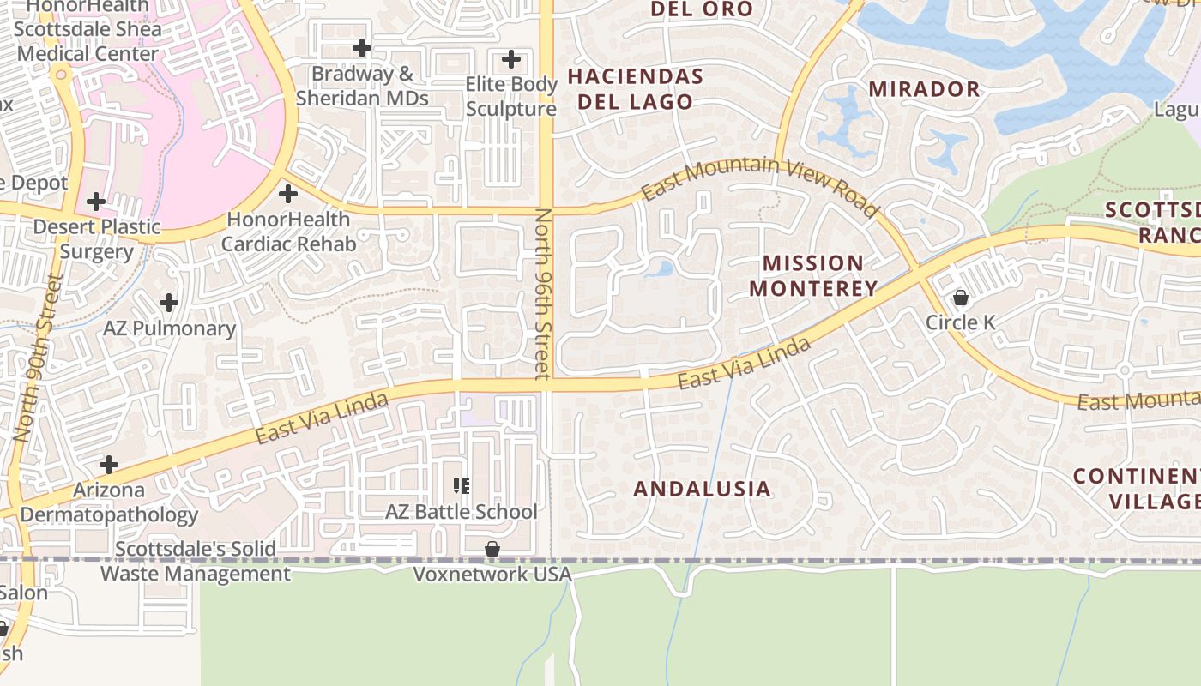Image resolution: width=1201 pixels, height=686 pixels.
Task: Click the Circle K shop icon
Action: click(961, 298)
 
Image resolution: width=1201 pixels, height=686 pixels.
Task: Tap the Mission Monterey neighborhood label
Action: click(813, 275)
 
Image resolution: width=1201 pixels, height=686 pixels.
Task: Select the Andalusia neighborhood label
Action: click(702, 489)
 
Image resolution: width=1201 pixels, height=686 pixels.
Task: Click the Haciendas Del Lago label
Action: click(635, 89)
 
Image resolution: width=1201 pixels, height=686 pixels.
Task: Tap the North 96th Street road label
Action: click(543, 293)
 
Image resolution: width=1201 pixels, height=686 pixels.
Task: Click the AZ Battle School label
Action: click(462, 512)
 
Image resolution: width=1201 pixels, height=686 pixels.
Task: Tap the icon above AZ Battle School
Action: click(462, 486)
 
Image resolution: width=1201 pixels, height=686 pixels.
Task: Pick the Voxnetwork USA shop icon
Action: click(492, 549)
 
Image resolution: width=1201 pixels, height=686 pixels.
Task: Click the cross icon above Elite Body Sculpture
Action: click(511, 59)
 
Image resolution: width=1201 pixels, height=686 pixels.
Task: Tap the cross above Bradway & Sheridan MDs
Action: click(362, 47)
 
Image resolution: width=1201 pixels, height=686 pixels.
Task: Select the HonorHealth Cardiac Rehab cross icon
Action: click(288, 194)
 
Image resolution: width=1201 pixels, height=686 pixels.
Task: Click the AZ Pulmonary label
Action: click(170, 328)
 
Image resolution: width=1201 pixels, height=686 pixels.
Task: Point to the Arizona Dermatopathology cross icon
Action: click(109, 465)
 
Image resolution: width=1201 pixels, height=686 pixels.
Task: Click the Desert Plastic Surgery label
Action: click(97, 239)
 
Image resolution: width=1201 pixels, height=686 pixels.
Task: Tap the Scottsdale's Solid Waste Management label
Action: click(196, 562)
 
